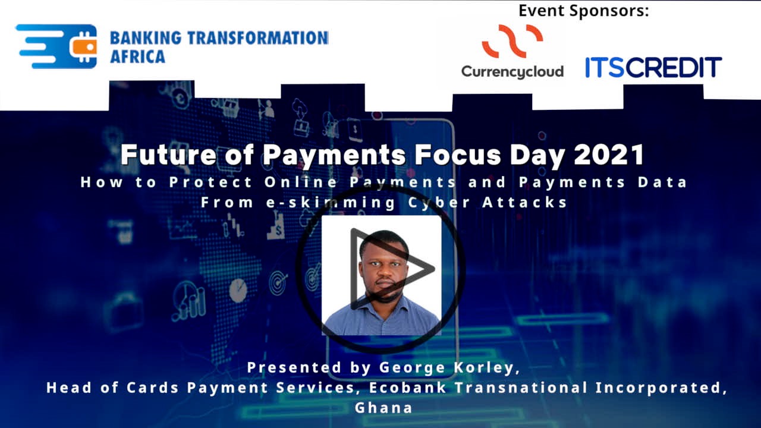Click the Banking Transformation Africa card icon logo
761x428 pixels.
(56, 46)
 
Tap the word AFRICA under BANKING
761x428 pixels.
(137, 57)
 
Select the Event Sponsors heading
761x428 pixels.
(583, 10)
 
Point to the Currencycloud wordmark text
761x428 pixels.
(512, 71)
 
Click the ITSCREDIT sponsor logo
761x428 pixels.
(653, 67)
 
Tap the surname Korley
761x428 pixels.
(487, 368)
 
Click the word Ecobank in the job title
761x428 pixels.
(402, 388)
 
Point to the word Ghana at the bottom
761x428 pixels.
(383, 408)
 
